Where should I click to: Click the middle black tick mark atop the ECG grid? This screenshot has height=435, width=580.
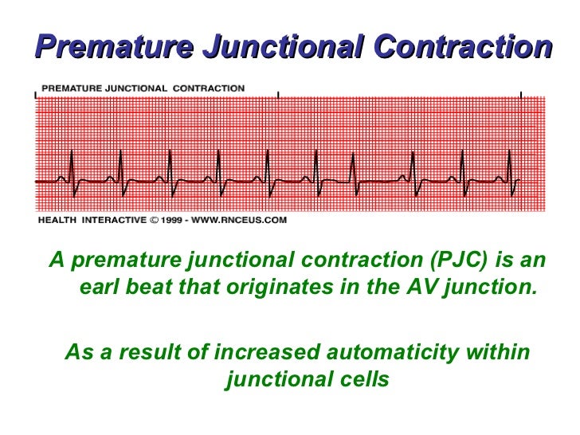pyautogui.click(x=278, y=95)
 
